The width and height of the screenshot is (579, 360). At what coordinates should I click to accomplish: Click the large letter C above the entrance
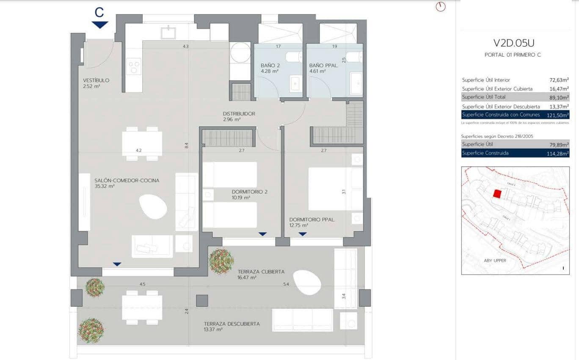coord(99,13)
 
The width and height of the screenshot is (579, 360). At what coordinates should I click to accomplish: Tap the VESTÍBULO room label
coord(96,80)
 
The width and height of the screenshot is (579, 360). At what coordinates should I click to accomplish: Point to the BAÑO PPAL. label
coord(323,66)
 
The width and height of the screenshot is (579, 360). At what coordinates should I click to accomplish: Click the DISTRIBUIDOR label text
coord(239,114)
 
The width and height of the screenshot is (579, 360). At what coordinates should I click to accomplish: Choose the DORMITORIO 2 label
coord(249,192)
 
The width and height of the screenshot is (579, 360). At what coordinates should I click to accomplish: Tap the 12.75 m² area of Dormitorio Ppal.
coord(299,225)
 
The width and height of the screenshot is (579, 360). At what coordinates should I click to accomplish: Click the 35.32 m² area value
coord(105,186)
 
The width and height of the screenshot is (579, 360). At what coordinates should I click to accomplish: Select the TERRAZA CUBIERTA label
coord(261,272)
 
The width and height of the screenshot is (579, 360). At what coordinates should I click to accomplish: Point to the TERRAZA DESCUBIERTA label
coord(232,324)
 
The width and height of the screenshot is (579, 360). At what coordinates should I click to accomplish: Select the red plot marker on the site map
coord(497,194)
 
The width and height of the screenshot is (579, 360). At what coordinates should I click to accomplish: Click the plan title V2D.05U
coord(513,43)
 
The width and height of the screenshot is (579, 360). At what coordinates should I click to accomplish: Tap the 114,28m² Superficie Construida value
coord(558,153)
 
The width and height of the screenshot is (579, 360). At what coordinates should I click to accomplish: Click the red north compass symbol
coord(441,7)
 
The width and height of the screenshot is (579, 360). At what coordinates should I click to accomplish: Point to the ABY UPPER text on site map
coord(494,261)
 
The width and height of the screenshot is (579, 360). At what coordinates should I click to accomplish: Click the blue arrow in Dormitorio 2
coord(262,234)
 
